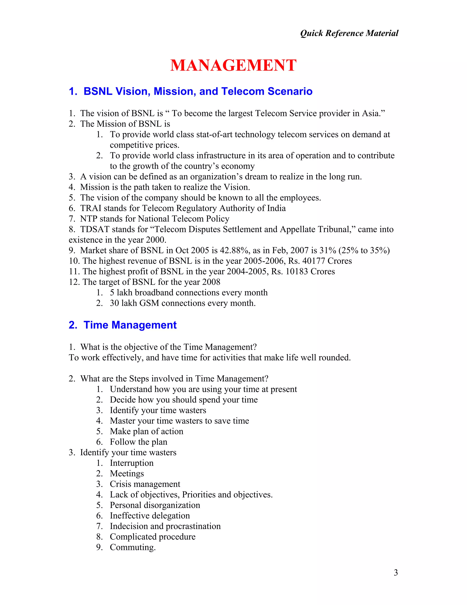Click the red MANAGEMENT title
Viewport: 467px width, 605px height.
[x=233, y=66]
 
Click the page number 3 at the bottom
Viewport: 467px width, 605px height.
[x=396, y=572]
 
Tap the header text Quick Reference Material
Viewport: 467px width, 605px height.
[x=349, y=33]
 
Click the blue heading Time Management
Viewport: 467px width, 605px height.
[x=130, y=325]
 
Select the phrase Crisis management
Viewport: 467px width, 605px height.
[x=145, y=484]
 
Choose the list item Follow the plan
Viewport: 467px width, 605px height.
[x=138, y=442]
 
